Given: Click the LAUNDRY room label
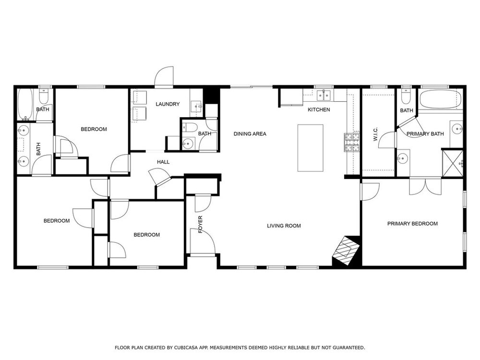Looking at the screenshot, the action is [168, 104].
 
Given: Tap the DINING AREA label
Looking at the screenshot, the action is [250, 134].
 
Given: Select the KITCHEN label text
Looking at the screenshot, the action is [319, 109].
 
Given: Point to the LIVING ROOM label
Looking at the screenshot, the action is [284, 226].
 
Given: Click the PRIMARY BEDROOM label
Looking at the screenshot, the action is [412, 224].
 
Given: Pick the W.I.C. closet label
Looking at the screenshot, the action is [376, 134].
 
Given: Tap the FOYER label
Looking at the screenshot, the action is [201, 224].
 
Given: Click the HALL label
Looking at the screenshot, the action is [163, 162].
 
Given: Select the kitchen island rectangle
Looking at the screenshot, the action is [311, 148].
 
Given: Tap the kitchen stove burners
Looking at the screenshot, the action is [352, 143].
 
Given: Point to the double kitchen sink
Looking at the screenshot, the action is [324, 96].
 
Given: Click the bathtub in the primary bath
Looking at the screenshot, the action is [440, 99].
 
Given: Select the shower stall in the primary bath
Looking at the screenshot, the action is [453, 163].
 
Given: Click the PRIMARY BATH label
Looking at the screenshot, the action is [425, 134].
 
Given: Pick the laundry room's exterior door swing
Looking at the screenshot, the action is [164, 76].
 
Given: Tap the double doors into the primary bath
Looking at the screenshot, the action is [425, 186].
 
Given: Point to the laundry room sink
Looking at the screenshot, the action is [196, 107].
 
